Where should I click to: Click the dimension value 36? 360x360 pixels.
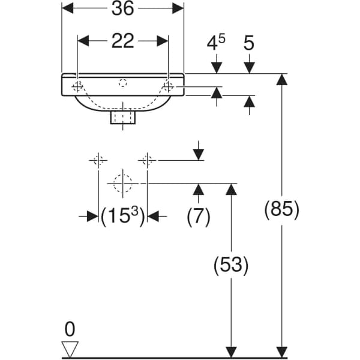(x=123, y=8)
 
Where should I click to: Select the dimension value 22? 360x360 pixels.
(x=123, y=41)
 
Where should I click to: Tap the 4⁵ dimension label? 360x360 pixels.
(x=216, y=43)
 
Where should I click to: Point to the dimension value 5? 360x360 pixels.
(x=249, y=43)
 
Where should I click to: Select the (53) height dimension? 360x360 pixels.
(x=230, y=265)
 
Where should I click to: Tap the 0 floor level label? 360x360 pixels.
(x=70, y=329)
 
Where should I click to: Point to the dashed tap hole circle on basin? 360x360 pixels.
(x=123, y=82)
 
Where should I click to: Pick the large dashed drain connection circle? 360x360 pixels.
(x=123, y=182)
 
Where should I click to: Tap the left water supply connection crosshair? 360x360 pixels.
(x=98, y=160)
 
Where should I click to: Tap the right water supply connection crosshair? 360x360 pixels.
(x=148, y=160)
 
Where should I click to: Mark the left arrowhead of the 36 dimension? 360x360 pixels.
(x=68, y=8)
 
